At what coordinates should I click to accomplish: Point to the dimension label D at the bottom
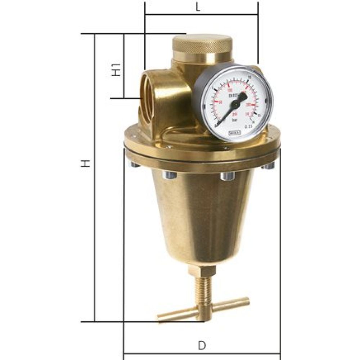[202, 346]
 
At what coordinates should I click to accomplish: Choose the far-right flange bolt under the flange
[268, 166]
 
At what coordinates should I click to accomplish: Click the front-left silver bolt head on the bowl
[170, 175]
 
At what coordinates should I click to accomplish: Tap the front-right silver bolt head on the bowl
[228, 176]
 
